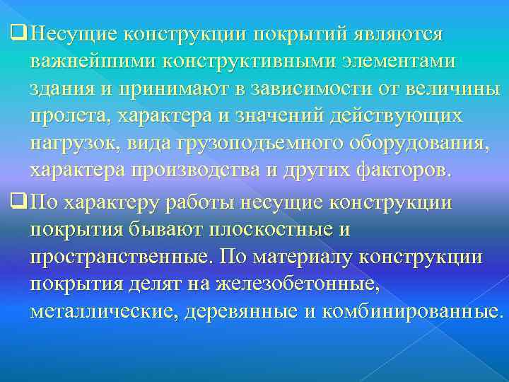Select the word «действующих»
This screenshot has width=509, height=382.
(396, 117)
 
